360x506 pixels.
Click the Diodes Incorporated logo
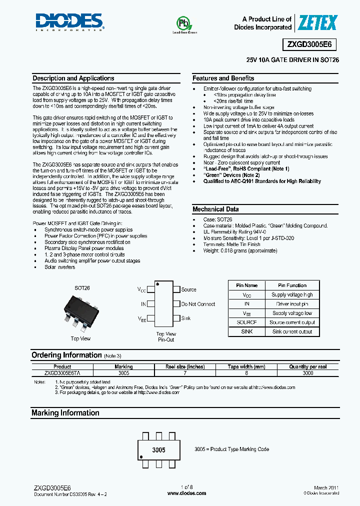(x=69, y=22)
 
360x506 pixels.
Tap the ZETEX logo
(x=317, y=22)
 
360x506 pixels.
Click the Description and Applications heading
(x=73, y=78)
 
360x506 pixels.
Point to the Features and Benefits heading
(x=223, y=78)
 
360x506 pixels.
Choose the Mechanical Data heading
(x=215, y=209)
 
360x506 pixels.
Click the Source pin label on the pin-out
(x=188, y=289)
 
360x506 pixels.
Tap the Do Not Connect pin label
(x=198, y=304)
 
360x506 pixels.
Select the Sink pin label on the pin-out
(x=185, y=318)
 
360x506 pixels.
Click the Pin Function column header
(x=292, y=285)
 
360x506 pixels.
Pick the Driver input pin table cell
(x=292, y=304)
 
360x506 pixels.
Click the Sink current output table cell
(x=292, y=331)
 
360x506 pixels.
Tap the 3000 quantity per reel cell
(x=307, y=373)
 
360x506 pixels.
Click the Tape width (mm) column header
(x=246, y=366)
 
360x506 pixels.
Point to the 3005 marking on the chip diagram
(x=158, y=450)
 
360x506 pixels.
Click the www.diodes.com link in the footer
(x=186, y=493)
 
